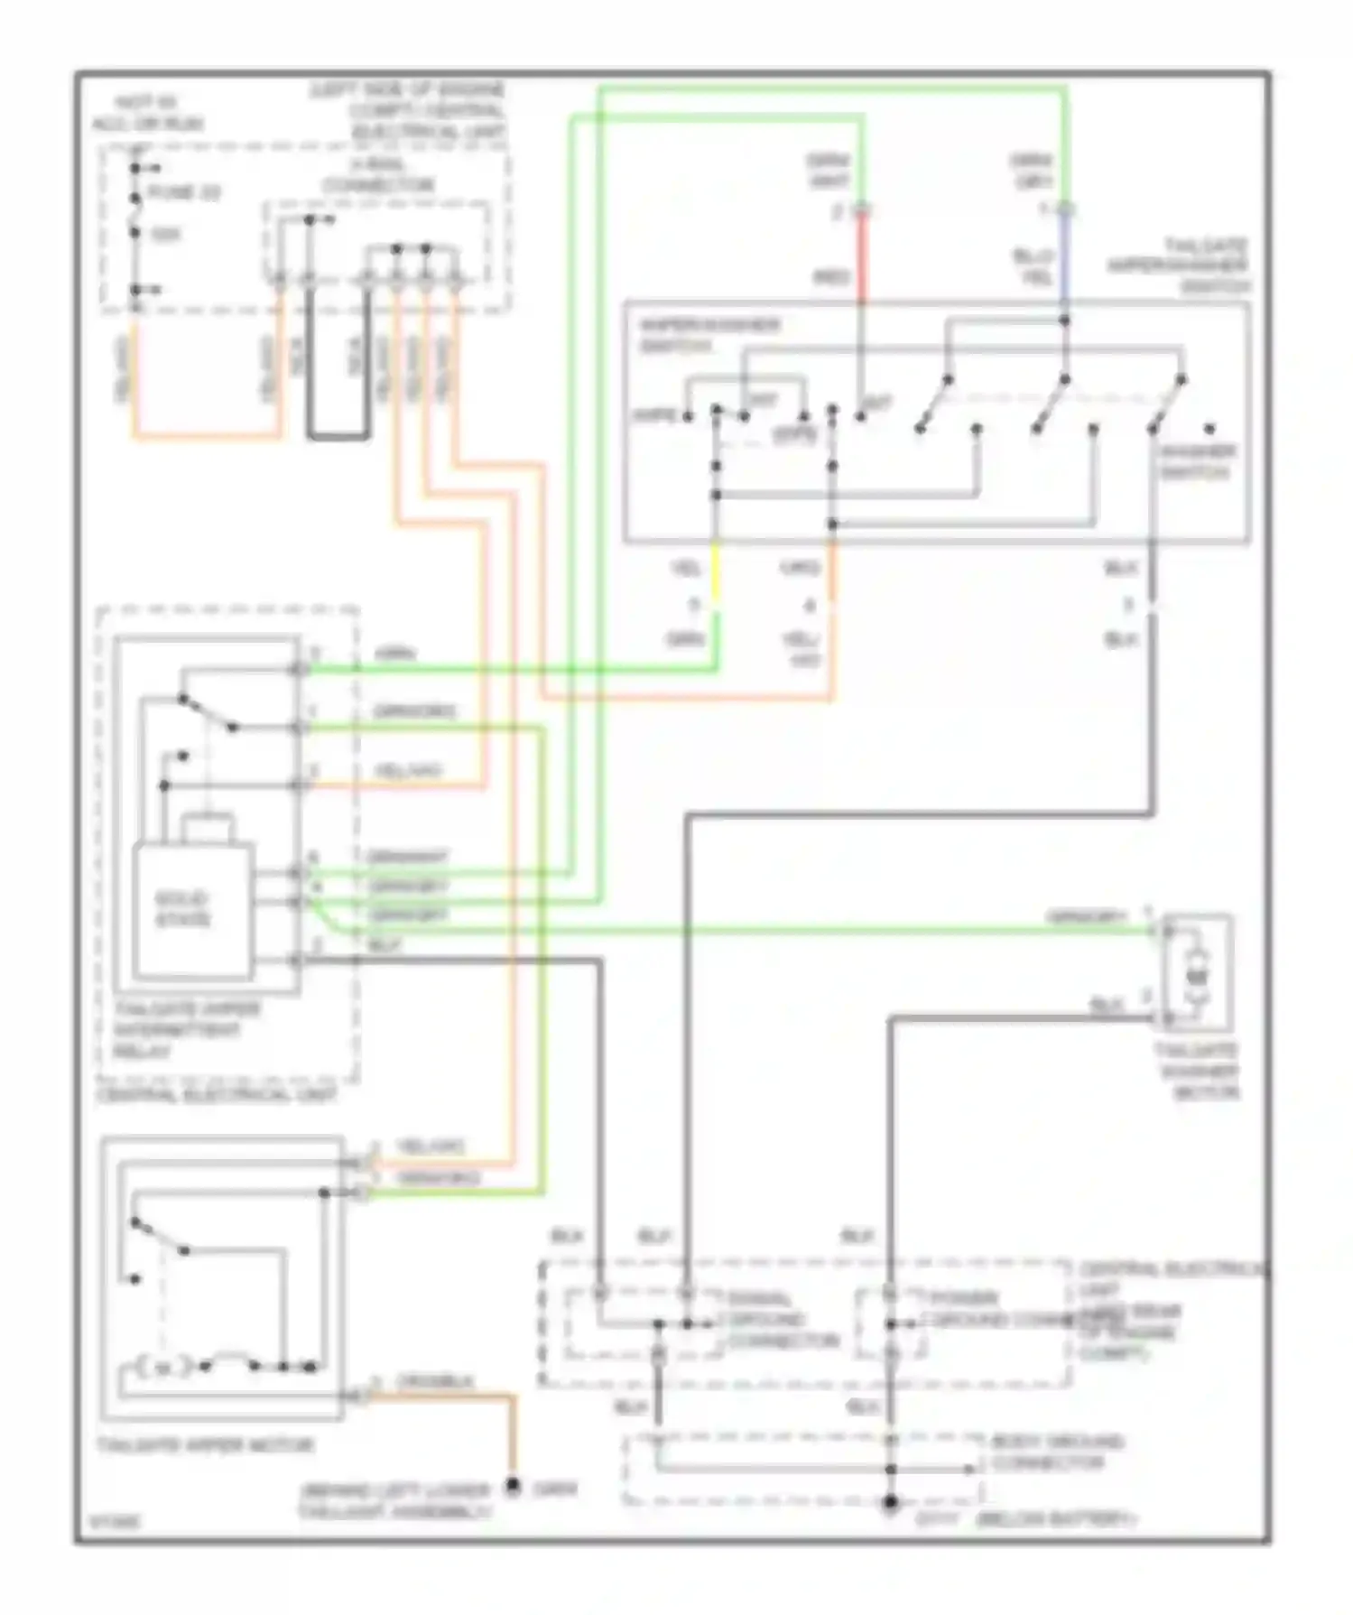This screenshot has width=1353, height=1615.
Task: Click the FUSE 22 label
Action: [184, 192]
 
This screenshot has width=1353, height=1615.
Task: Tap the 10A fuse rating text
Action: [166, 235]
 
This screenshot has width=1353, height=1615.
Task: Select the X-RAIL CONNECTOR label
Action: [378, 175]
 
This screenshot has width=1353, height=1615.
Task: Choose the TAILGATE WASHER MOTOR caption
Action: [1197, 1072]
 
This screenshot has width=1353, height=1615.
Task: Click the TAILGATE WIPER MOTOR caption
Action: [206, 1445]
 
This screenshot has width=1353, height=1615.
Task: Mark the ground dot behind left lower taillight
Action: [513, 1484]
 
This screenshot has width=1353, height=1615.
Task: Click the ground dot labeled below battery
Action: [890, 1502]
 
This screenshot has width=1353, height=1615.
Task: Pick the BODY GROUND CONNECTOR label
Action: [1056, 1452]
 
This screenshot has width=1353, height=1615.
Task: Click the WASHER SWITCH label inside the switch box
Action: [1197, 461]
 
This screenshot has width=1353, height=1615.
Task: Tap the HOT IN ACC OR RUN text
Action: [147, 113]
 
